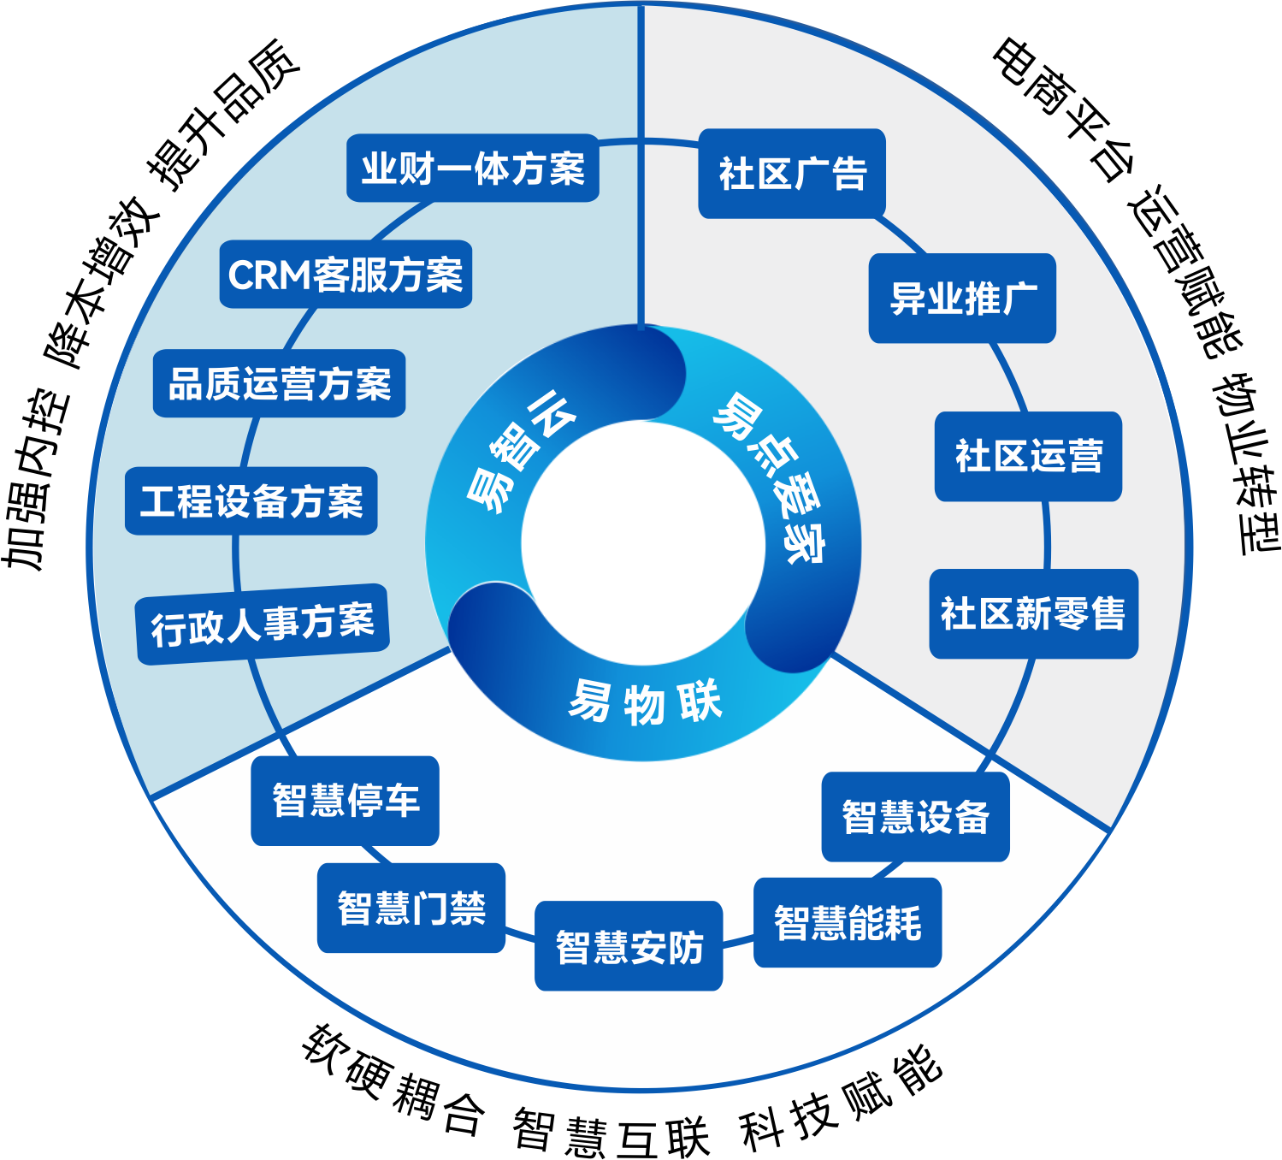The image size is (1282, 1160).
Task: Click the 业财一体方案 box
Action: [x=472, y=169]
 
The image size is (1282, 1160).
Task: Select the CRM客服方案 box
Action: [x=346, y=275]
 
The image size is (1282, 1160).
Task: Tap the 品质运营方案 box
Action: [x=280, y=383]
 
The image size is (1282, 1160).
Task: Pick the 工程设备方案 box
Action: [x=251, y=500]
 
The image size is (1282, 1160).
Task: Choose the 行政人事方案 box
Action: [x=263, y=624]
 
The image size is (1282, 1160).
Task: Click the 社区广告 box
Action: [x=792, y=174]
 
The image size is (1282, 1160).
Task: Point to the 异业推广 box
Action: [x=962, y=298]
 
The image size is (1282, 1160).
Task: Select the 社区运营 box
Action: [x=1028, y=456]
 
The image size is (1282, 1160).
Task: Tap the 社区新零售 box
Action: [x=1033, y=614]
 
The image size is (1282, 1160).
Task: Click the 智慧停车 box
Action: [x=346, y=801]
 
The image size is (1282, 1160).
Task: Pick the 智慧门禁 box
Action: [x=411, y=908]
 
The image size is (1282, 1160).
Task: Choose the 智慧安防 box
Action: [x=629, y=946]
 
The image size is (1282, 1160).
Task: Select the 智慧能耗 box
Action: [x=848, y=922]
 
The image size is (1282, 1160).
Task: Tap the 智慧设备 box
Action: [x=916, y=817]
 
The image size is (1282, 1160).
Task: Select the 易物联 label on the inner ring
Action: [x=644, y=702]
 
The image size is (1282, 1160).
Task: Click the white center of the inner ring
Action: [x=643, y=543]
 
